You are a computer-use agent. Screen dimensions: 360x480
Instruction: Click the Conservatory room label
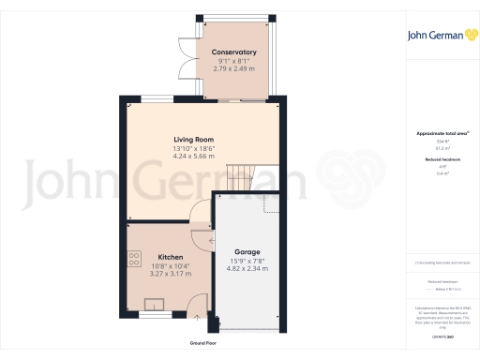(x=234, y=52)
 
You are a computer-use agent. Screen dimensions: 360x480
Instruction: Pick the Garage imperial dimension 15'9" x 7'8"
(x=247, y=262)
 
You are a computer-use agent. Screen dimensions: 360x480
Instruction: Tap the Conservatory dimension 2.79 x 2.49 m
(x=234, y=68)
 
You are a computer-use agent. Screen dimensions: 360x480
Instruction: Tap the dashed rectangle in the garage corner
(x=272, y=204)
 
